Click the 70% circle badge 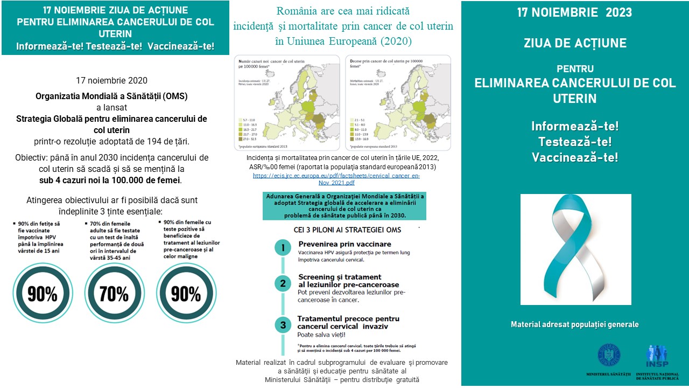point(114,294)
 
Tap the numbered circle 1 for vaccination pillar point(283,248)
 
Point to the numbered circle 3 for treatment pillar point(283,325)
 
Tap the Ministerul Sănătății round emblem point(609,356)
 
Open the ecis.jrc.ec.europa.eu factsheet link point(336,179)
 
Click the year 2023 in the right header point(619,12)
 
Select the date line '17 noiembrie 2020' point(111,81)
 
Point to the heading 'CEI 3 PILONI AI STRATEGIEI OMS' point(340,230)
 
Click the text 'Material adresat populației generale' point(575,324)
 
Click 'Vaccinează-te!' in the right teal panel point(575,157)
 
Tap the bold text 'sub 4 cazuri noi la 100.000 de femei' point(110,180)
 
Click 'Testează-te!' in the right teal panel point(575,142)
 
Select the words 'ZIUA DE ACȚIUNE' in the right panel point(575,43)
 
